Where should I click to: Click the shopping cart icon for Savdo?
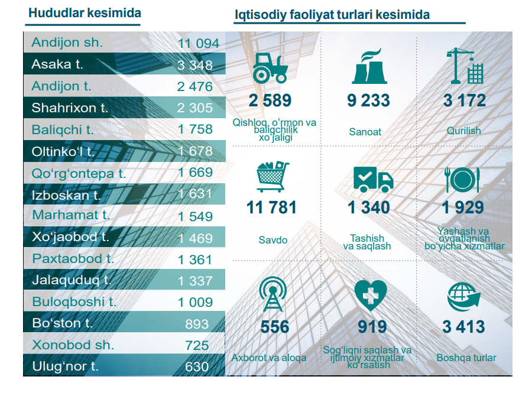(272, 176)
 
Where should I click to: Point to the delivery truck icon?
(372, 178)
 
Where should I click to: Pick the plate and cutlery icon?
(464, 178)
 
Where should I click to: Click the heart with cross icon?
(370, 296)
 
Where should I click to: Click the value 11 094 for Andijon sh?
(198, 43)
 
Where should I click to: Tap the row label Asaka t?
(57, 64)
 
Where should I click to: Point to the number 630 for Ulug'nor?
(197, 367)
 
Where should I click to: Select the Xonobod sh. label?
(73, 345)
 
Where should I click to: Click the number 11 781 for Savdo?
(272, 208)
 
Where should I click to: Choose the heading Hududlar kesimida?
(85, 13)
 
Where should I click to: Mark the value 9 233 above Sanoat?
(368, 100)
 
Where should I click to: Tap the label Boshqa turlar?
(466, 358)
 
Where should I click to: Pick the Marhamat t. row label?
(71, 215)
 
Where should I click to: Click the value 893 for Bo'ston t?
(197, 324)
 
